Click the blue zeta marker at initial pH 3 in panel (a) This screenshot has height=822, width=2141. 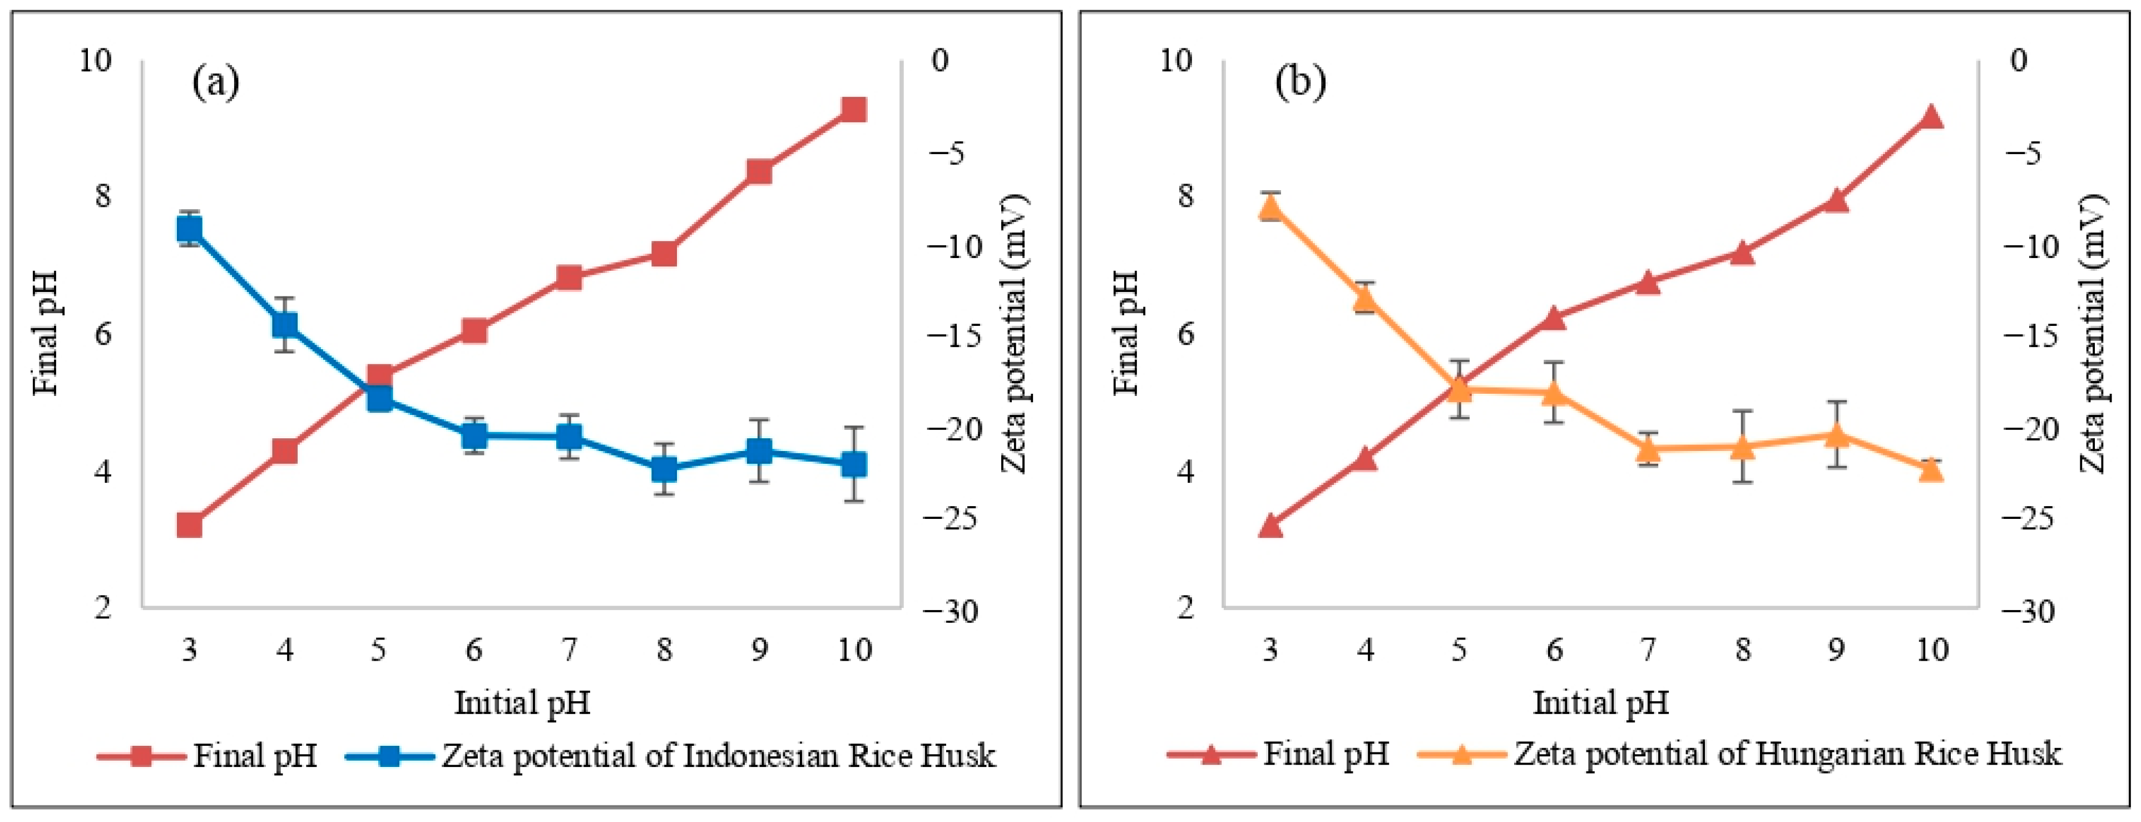coord(190,229)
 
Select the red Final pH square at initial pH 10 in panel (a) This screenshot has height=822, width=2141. coord(854,109)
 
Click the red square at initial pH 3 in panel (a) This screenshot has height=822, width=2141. coord(190,525)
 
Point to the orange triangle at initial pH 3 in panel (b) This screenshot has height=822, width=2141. coord(1269,207)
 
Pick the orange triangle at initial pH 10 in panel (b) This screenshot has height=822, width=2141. coord(1931,469)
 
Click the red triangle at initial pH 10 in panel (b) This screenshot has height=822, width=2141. coord(1931,116)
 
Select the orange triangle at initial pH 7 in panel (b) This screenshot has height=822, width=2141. coord(1648,449)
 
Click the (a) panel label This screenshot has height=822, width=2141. coord(216,82)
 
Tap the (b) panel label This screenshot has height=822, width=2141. coord(1301,82)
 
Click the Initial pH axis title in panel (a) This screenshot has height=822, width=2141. coord(522,703)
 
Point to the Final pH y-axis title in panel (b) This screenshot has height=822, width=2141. coord(1126,333)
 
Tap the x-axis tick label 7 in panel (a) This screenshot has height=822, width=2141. coord(568,649)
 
